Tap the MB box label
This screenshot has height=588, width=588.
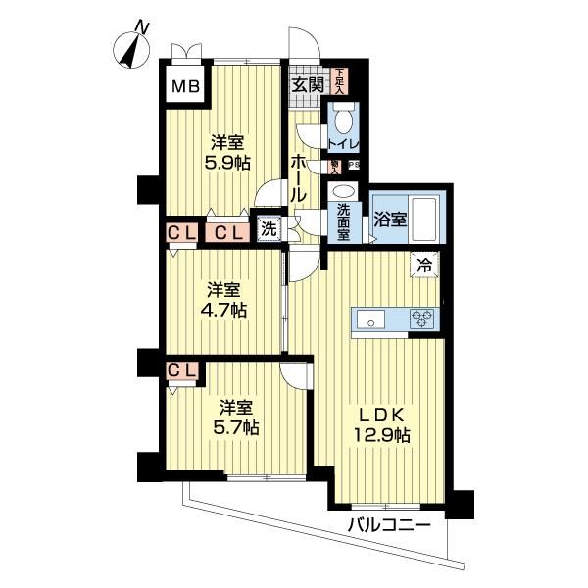coord(185,87)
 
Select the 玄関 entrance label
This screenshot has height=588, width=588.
coord(308,84)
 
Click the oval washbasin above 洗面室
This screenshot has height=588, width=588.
coord(344,191)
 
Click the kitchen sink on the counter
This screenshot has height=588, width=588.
coord(370,318)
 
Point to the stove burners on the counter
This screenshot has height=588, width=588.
coord(423,318)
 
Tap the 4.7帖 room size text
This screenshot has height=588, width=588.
coord(225,311)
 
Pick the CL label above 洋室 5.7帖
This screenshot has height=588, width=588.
coord(183,370)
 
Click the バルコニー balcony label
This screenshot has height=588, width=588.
coord(389,526)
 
